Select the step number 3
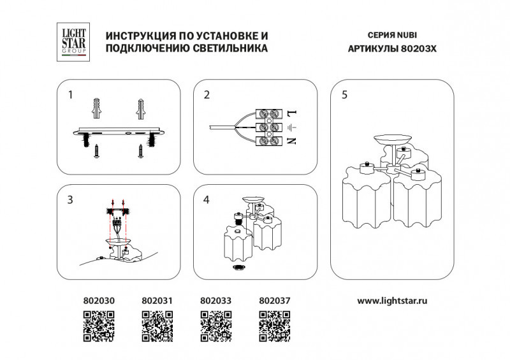coord(71,200)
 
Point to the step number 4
coord(207,200)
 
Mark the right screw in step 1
coord(140,150)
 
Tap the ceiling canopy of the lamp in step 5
coord(393,138)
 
